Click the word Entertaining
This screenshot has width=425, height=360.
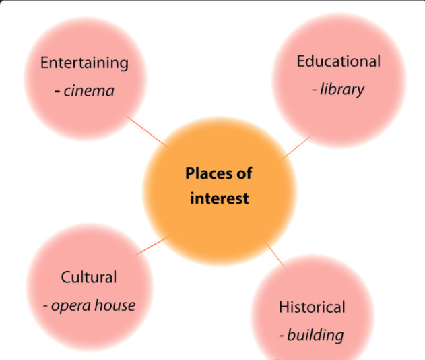(84, 63)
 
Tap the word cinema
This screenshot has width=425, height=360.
(89, 90)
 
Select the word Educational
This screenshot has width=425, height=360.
(338, 61)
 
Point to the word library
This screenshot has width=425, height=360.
(342, 90)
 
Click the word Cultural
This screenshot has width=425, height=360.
(89, 277)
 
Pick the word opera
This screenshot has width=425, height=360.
(71, 305)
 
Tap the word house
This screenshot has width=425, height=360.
(115, 305)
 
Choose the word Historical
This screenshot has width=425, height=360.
(312, 307)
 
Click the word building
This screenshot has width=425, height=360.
(315, 335)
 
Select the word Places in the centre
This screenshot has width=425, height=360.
(209, 173)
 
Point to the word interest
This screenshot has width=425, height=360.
(219, 198)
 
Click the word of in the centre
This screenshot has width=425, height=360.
(244, 173)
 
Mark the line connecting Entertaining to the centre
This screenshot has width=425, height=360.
(148, 131)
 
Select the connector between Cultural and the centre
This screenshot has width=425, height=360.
(153, 245)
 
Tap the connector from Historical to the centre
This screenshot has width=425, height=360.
(275, 255)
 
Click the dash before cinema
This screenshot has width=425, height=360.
(59, 91)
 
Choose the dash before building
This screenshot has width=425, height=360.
(282, 336)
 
